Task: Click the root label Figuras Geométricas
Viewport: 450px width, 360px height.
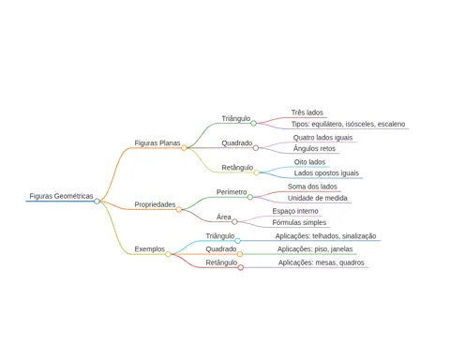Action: pyautogui.click(x=61, y=196)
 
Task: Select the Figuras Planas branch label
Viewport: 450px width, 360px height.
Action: pyautogui.click(x=157, y=142)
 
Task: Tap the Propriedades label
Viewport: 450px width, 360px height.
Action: pyautogui.click(x=155, y=204)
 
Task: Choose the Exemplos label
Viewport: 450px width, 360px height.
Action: pyautogui.click(x=150, y=249)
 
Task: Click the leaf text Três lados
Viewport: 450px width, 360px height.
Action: pyautogui.click(x=307, y=112)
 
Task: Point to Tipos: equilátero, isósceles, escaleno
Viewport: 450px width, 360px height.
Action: pyautogui.click(x=348, y=124)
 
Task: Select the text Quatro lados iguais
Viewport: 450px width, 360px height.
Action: pyautogui.click(x=322, y=138)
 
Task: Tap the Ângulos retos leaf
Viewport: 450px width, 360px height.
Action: pyautogui.click(x=314, y=149)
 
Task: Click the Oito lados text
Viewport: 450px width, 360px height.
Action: pyautogui.click(x=309, y=162)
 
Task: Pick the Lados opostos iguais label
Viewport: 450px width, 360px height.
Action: pyautogui.click(x=326, y=173)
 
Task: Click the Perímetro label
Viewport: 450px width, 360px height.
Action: pyautogui.click(x=232, y=192)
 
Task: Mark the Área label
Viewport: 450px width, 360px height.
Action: pyautogui.click(x=224, y=217)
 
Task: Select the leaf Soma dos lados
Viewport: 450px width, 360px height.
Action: pyautogui.click(x=312, y=187)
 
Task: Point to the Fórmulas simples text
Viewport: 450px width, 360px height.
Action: pyautogui.click(x=299, y=222)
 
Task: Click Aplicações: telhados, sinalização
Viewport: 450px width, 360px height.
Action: pyautogui.click(x=325, y=236)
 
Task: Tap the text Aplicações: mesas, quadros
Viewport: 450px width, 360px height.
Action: pyautogui.click(x=322, y=262)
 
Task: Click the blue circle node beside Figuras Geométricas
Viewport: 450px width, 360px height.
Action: pyautogui.click(x=97, y=202)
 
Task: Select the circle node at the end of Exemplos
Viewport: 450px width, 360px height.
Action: pyautogui.click(x=168, y=254)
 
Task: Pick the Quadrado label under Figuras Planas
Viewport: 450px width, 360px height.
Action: pyautogui.click(x=237, y=142)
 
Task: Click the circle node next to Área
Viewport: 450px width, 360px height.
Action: pyautogui.click(x=234, y=222)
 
